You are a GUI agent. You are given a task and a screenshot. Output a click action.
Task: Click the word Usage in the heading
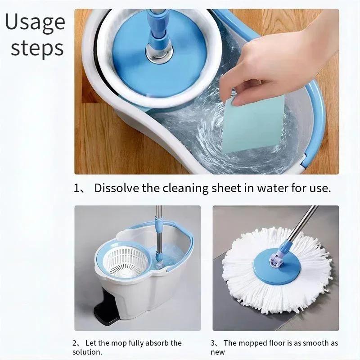pyautogui.click(x=35, y=22)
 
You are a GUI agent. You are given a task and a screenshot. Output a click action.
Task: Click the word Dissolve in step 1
pyautogui.click(x=117, y=188)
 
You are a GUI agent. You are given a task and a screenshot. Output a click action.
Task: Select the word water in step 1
pyautogui.click(x=271, y=188)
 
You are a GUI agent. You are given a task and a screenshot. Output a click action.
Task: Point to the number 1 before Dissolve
pyautogui.click(x=76, y=189)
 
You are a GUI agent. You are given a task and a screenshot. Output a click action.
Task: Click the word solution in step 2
pyautogui.click(x=87, y=352)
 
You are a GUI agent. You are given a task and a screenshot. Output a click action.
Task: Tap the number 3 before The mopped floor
pyautogui.click(x=213, y=343)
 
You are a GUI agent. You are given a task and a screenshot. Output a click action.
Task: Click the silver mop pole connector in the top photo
pyautogui.click(x=159, y=50)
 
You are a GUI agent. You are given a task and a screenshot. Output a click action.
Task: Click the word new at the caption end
pyautogui.click(x=218, y=352)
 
